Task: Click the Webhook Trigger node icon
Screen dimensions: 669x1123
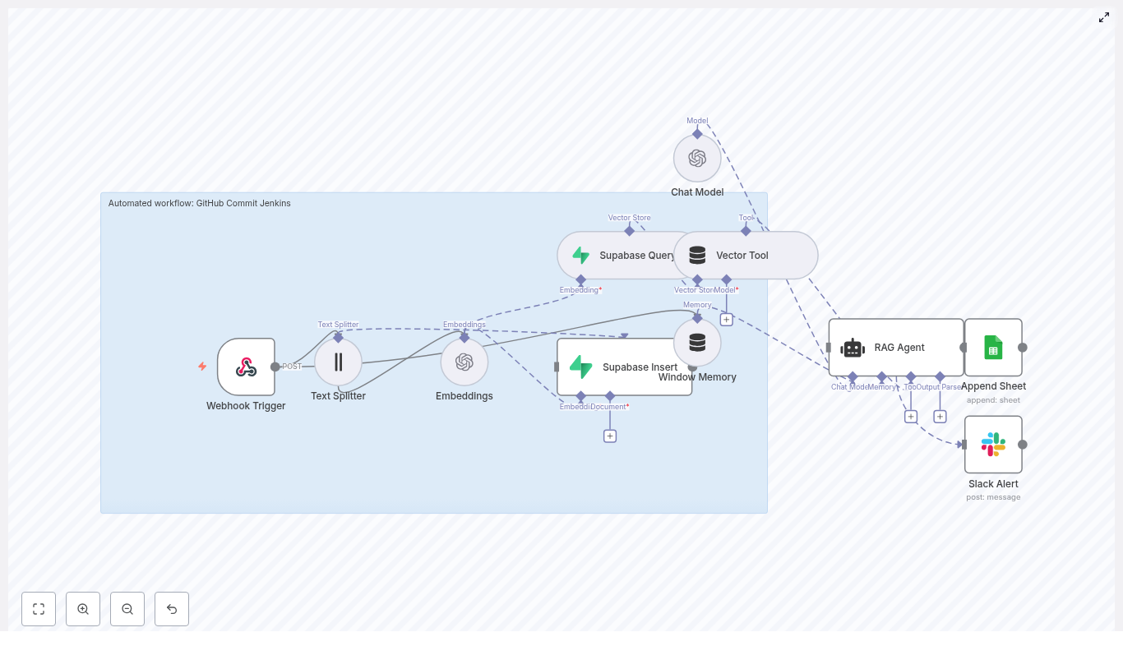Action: [x=246, y=367]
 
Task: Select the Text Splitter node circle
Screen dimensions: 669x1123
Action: [x=338, y=362]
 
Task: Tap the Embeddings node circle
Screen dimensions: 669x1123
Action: [x=464, y=362]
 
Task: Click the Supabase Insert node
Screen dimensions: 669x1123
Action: [x=625, y=367]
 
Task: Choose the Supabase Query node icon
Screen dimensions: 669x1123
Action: [x=581, y=256]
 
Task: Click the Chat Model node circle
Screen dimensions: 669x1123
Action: [x=697, y=159]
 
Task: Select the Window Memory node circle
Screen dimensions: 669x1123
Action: [x=697, y=343]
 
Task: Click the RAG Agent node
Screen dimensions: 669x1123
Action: [x=896, y=348]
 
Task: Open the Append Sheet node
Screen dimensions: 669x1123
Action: [x=993, y=348]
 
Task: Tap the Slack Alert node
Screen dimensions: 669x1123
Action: [x=993, y=445]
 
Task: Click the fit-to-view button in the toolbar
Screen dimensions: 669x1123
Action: [x=39, y=609]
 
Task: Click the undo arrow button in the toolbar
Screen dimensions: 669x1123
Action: [x=172, y=609]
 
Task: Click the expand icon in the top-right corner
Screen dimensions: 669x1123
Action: [x=1104, y=17]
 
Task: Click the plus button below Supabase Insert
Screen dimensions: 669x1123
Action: [x=610, y=436]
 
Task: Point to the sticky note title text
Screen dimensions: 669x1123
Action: [x=200, y=203]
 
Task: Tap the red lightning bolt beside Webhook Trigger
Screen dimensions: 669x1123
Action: [x=202, y=367]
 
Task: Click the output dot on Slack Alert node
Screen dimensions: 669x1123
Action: [x=1023, y=445]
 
